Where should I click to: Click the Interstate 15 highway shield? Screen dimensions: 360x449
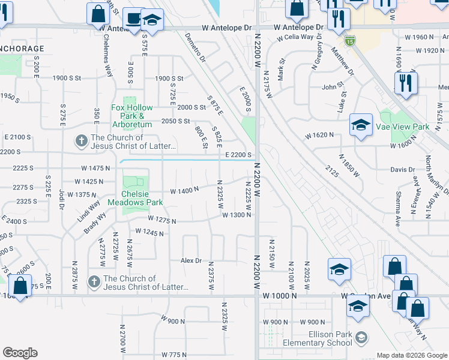pos(350,41)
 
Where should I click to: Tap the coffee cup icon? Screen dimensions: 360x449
pos(133,19)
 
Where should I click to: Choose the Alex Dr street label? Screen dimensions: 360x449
pos(191,260)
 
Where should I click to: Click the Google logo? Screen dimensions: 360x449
pos(20,353)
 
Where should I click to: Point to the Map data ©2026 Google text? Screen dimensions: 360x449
pos(411,355)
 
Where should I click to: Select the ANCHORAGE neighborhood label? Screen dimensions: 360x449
pos(22,49)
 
